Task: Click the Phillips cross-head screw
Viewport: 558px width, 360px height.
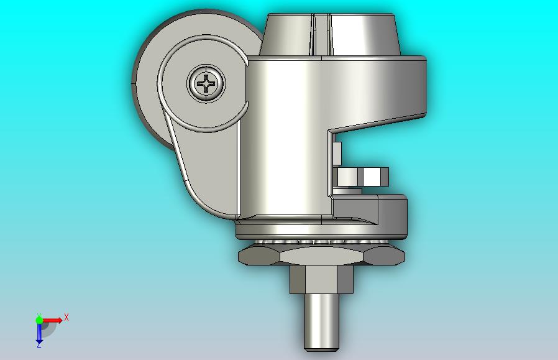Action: (206, 84)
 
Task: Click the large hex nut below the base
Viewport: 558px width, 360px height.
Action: (321, 256)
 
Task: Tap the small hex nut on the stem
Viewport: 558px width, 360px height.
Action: (321, 280)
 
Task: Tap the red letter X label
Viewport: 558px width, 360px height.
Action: (66, 317)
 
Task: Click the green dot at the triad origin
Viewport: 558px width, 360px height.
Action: (39, 320)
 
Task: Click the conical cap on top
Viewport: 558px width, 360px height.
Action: (330, 35)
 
